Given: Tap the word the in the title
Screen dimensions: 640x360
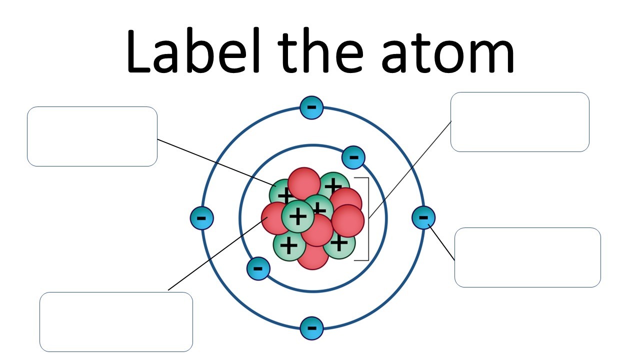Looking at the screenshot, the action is pos(323,51).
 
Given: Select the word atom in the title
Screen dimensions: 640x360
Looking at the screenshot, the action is pos(447,55).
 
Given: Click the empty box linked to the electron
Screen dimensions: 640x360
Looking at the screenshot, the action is pos(527,257).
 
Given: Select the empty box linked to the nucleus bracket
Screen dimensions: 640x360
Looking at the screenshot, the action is pos(519,121).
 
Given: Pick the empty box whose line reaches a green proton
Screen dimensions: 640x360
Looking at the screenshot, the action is pos(92,136).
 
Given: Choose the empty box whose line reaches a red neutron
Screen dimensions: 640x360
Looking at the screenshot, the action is pos(116,321).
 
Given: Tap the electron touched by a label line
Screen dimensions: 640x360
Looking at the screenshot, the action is pos(423,217).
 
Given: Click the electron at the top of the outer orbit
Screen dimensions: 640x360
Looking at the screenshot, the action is pos(311,107).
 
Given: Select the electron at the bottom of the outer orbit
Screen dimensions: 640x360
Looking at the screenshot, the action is pos(311,328).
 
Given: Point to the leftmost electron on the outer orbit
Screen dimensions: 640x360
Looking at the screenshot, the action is pos(201,218).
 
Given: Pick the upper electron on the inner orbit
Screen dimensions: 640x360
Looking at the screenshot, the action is pos(353,158).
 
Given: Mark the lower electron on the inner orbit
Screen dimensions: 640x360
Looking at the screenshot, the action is pos(258,268).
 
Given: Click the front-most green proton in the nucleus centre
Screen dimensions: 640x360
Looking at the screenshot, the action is pos(298,216).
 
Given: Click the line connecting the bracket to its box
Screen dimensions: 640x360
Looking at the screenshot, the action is pos(410,170).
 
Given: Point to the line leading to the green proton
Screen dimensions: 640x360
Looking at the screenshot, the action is pos(215,160).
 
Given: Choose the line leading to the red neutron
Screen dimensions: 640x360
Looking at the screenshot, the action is pos(215,256).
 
